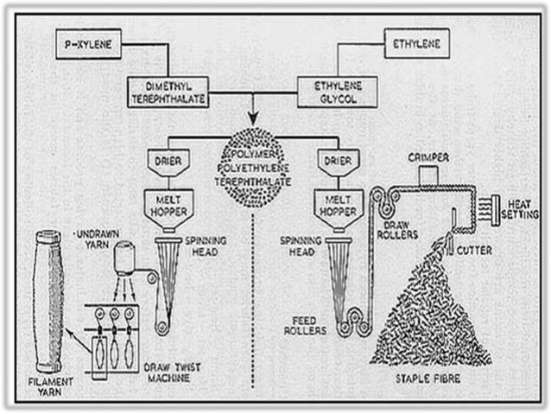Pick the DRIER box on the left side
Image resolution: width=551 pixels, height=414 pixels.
168,161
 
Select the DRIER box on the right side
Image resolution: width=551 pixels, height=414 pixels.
332,161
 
